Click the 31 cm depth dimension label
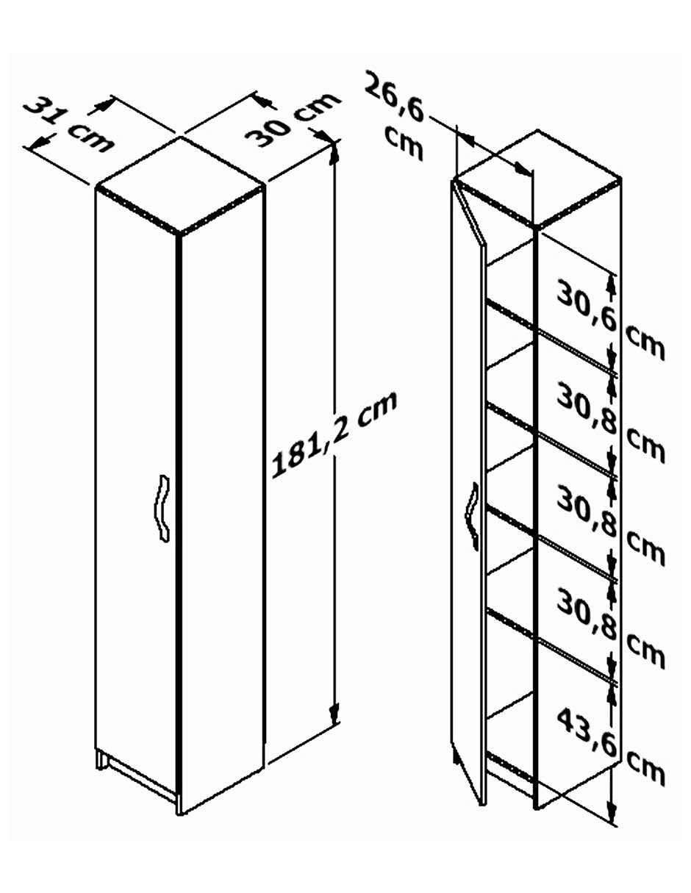(x=68, y=126)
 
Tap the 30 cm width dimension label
(x=292, y=121)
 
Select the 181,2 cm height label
(x=334, y=435)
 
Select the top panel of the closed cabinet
(x=179, y=186)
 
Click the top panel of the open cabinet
(x=538, y=178)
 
